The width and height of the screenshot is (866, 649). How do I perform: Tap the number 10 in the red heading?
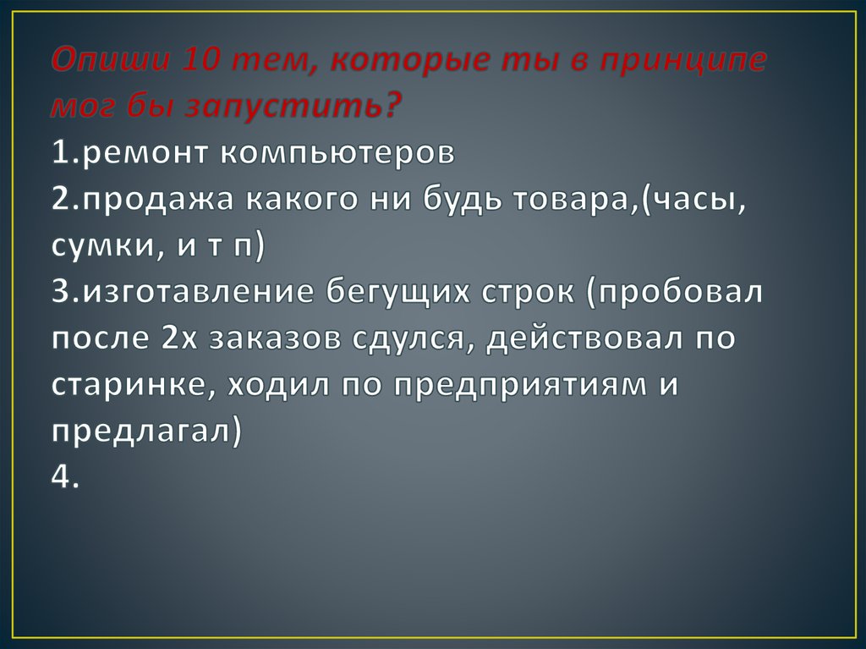click(x=203, y=61)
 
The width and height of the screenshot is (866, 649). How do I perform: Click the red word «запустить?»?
click(x=294, y=107)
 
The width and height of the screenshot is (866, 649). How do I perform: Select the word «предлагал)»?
click(x=146, y=432)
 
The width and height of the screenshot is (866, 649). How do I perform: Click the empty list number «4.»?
click(x=65, y=478)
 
